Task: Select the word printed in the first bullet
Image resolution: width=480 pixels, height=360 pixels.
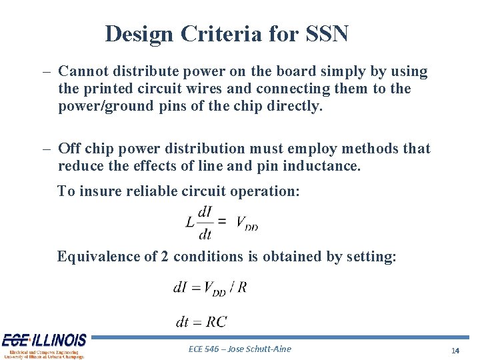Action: pos(104,89)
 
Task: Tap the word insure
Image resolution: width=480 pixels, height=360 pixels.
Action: pos(100,191)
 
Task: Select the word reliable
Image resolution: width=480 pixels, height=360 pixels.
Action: pos(152,191)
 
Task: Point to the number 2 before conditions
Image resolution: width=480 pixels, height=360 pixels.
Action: pos(165,256)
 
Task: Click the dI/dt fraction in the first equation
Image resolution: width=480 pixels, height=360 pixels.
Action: pos(205,223)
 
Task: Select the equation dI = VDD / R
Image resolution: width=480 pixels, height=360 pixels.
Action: pos(210,288)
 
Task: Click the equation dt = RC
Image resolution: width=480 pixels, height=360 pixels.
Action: pos(201,322)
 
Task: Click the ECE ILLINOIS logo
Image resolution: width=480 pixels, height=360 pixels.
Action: pos(44,345)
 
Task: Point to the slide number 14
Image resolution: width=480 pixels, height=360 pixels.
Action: pos(455,350)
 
